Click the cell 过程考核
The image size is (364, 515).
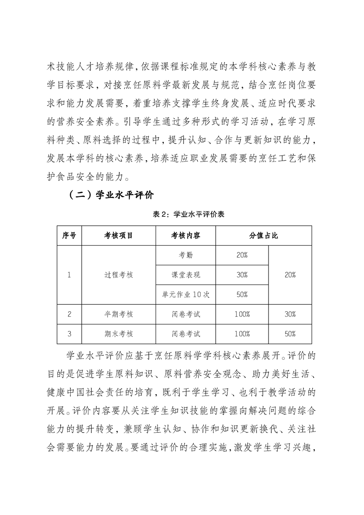118,275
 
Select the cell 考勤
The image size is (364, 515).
186,255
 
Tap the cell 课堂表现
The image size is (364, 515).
186,275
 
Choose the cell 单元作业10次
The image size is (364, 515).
186,295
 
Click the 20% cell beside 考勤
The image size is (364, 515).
242,255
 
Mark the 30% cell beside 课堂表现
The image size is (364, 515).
242,275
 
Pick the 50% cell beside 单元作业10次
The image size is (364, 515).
242,295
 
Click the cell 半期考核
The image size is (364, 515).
118,314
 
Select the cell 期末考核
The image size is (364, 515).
118,334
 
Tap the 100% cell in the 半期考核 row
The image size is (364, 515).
242,314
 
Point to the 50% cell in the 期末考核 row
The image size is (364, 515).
290,334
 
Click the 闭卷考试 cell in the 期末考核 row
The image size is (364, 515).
186,334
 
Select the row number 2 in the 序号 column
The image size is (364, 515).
69,314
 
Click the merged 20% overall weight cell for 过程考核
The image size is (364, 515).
290,275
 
